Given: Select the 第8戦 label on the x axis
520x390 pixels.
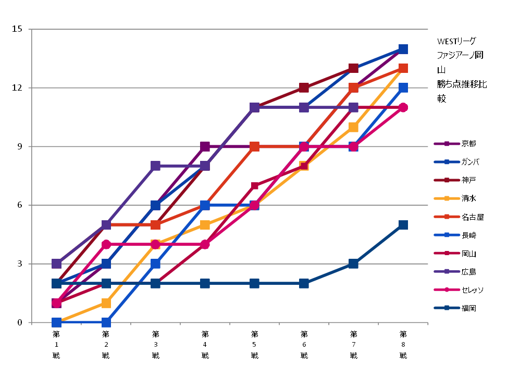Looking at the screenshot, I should pos(403,344).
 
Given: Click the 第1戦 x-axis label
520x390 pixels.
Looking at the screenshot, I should pos(56,344).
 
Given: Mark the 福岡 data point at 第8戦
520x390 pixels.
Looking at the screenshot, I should pos(403,225).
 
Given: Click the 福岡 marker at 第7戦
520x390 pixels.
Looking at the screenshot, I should pos(353,264).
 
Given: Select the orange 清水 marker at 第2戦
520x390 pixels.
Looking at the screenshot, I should pos(106,303).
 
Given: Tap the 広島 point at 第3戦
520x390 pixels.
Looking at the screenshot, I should pos(155,166).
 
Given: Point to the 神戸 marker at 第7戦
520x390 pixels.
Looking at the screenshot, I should pos(353,69).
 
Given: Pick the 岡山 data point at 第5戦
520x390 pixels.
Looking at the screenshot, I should pos(254,186).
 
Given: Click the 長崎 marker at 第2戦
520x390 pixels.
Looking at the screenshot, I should pos(106,322).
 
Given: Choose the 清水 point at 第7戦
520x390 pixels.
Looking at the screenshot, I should pos(353,127).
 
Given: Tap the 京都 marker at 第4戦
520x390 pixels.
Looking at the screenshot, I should pos(205,147).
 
